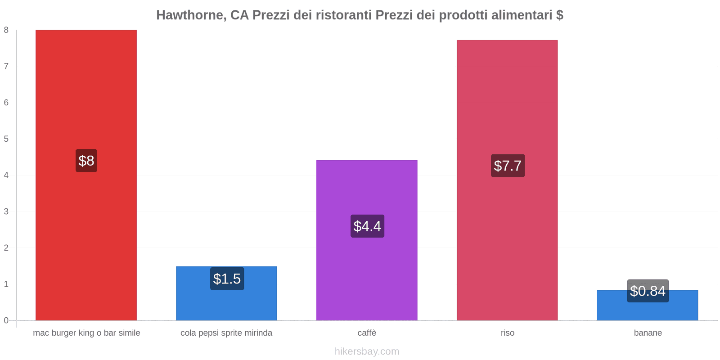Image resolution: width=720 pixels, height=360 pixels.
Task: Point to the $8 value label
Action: (86, 161)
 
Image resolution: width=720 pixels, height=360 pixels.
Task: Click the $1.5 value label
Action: (227, 279)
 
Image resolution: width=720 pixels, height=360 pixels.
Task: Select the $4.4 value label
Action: (367, 226)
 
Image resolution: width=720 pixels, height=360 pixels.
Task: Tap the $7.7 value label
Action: (508, 166)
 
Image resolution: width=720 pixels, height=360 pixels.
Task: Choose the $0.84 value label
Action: (648, 291)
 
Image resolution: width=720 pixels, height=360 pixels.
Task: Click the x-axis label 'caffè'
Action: (367, 333)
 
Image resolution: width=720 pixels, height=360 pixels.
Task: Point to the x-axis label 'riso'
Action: (507, 333)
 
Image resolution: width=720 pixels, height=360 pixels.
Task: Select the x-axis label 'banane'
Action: (648, 333)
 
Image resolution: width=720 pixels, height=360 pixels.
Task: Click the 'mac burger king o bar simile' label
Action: (86, 333)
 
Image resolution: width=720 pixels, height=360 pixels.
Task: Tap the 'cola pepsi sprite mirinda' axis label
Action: (226, 333)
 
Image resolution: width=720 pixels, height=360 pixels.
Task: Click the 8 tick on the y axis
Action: (6, 30)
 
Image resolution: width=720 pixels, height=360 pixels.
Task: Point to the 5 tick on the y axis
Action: (6, 139)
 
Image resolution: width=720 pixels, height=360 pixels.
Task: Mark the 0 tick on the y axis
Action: (6, 320)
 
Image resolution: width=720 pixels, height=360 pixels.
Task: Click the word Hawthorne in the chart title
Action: (190, 15)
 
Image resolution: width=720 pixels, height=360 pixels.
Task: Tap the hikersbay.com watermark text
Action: (367, 351)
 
